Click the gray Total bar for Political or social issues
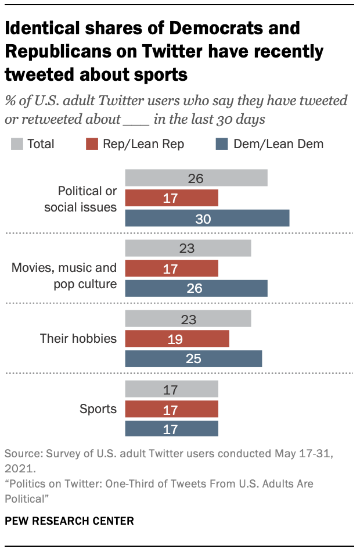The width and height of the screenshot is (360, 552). [x=196, y=178]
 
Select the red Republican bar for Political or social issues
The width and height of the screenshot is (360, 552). [x=172, y=198]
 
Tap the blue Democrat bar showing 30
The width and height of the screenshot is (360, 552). [x=207, y=218]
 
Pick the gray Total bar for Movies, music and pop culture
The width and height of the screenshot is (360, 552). [x=188, y=249]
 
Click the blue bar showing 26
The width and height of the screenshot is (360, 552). [x=196, y=288]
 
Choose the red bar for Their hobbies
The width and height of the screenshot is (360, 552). [x=177, y=339]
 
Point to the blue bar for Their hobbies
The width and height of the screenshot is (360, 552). [x=193, y=359]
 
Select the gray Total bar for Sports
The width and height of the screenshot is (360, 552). [x=172, y=389]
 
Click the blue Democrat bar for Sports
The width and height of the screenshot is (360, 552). [x=172, y=429]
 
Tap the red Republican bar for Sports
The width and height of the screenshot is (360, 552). [x=172, y=409]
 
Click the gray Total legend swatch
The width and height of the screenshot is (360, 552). [x=17, y=144]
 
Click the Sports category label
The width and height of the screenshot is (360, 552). [x=98, y=409]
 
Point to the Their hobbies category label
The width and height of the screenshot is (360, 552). [x=78, y=339]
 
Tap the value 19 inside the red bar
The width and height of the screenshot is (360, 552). [x=175, y=339]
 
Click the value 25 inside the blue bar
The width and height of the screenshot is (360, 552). [x=193, y=359]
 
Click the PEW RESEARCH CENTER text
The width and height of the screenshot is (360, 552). [x=69, y=521]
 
